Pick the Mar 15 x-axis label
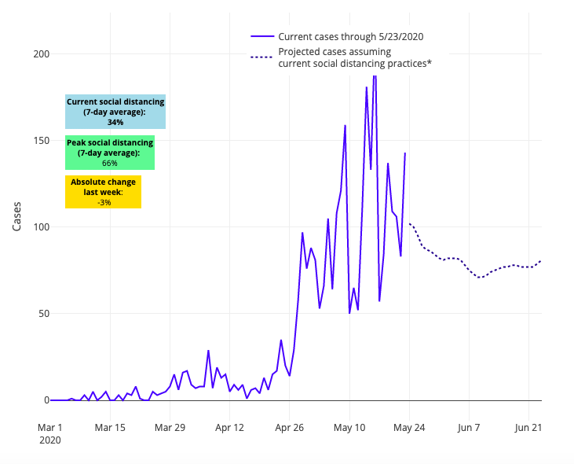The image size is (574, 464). pyautogui.click(x=110, y=428)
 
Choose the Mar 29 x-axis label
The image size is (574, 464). pyautogui.click(x=170, y=428)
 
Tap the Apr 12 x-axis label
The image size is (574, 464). pyautogui.click(x=229, y=428)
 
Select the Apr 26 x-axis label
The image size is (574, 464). pyautogui.click(x=289, y=428)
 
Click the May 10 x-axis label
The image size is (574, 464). pyautogui.click(x=349, y=428)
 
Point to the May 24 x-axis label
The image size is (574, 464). pyautogui.click(x=409, y=428)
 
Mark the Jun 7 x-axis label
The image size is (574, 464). pyautogui.click(x=469, y=428)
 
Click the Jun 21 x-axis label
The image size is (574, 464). pyautogui.click(x=528, y=428)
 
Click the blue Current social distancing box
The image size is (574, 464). pyautogui.click(x=115, y=112)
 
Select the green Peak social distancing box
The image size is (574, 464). pyautogui.click(x=109, y=153)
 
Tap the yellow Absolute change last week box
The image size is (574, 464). pyautogui.click(x=103, y=192)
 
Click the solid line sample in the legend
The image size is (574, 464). pyautogui.click(x=262, y=36)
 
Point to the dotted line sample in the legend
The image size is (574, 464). pyautogui.click(x=262, y=57)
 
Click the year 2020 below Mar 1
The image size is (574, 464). pyautogui.click(x=49, y=442)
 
